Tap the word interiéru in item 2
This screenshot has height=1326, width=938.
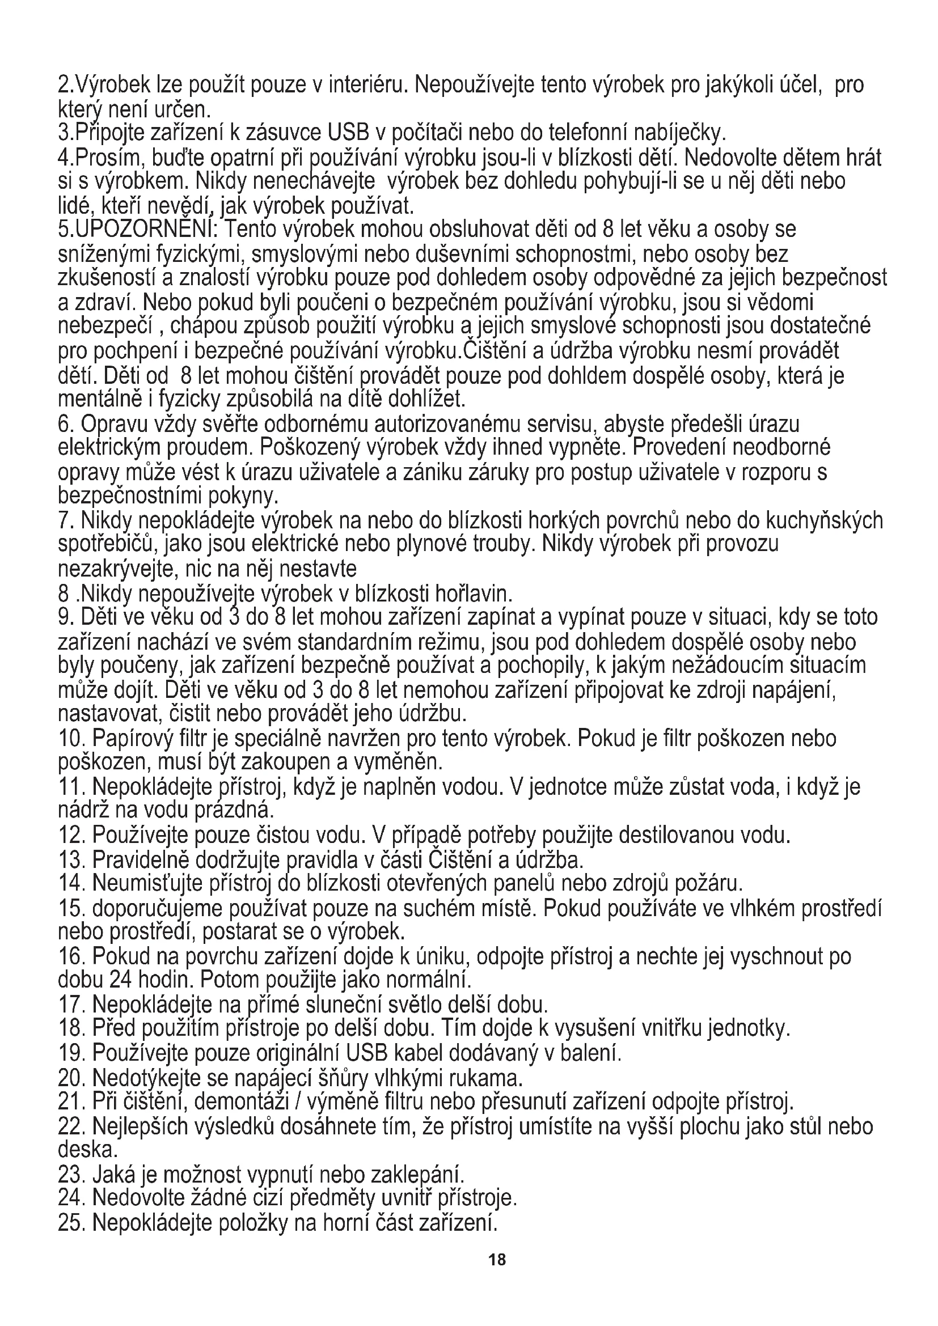click(368, 86)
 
